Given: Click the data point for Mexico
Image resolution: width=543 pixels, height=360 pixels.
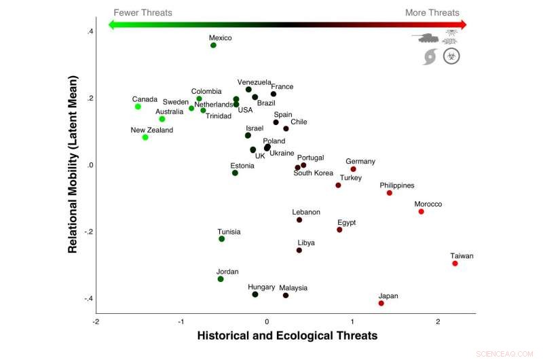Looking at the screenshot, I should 213,46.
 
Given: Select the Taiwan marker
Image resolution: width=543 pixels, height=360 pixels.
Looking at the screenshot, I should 455,264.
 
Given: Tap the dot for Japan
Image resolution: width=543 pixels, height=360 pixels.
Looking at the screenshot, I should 381,303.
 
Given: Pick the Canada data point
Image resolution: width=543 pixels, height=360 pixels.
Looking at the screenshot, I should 138,107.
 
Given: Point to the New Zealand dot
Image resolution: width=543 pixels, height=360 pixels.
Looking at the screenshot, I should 145,137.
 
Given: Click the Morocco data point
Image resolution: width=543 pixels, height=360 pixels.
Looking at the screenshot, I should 422,212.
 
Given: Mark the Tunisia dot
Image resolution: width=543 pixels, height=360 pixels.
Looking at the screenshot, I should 222,239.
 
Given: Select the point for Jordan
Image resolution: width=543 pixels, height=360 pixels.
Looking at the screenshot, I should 221,279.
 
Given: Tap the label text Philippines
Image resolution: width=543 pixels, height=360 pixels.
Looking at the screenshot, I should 397,185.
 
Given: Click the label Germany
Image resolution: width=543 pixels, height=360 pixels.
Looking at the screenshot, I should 360,162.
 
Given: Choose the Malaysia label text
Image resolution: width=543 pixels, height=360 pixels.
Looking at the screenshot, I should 293,287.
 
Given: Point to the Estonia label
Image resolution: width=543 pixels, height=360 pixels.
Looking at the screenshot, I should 242,166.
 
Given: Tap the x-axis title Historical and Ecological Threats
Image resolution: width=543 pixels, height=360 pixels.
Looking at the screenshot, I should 287,336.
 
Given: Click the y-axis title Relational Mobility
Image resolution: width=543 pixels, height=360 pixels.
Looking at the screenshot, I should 73,164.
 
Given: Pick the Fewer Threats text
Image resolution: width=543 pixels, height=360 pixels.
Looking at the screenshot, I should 143,12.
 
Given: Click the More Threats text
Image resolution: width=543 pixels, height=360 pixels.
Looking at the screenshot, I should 432,12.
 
